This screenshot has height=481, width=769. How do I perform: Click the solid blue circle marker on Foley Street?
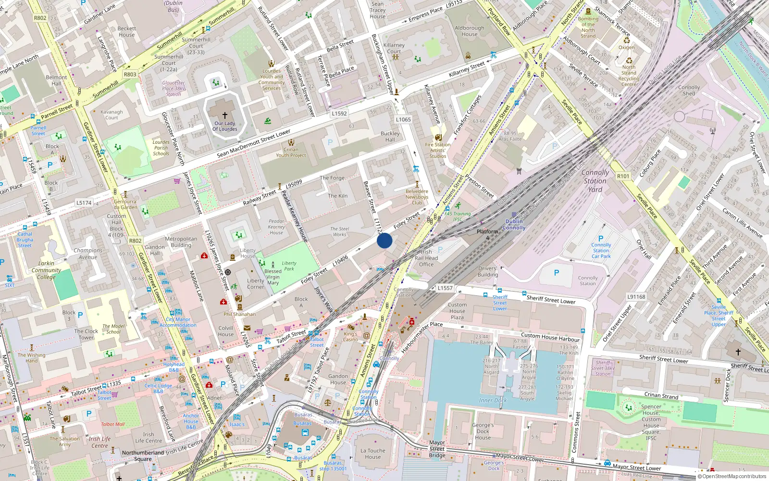pyautogui.click(x=384, y=240)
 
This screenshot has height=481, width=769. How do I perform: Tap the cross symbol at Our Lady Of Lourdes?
pyautogui.click(x=224, y=115)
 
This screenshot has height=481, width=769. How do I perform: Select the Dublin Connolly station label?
pyautogui.click(x=514, y=225)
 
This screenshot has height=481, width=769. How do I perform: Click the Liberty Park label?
pyautogui.click(x=289, y=266)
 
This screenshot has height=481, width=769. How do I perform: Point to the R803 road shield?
pyautogui.click(x=130, y=75)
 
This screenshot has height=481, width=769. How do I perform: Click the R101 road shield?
pyautogui.click(x=623, y=176)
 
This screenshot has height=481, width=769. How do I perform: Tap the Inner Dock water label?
pyautogui.click(x=493, y=400)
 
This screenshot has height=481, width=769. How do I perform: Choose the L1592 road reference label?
pyautogui.click(x=339, y=114)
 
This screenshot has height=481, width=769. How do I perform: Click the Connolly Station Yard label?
pyautogui.click(x=595, y=181)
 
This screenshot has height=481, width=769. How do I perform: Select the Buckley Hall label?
pyautogui.click(x=390, y=137)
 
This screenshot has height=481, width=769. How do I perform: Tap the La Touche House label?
pyautogui.click(x=372, y=454)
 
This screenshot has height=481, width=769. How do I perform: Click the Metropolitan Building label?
pyautogui.click(x=181, y=242)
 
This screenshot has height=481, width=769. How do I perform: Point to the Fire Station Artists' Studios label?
pyautogui.click(x=438, y=150)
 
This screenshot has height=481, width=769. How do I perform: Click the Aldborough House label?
pyautogui.click(x=469, y=31)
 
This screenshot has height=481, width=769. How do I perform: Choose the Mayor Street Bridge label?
pyautogui.click(x=437, y=449)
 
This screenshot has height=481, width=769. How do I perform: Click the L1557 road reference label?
pyautogui.click(x=445, y=288)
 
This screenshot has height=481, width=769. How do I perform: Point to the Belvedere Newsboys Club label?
pyautogui.click(x=417, y=197)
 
